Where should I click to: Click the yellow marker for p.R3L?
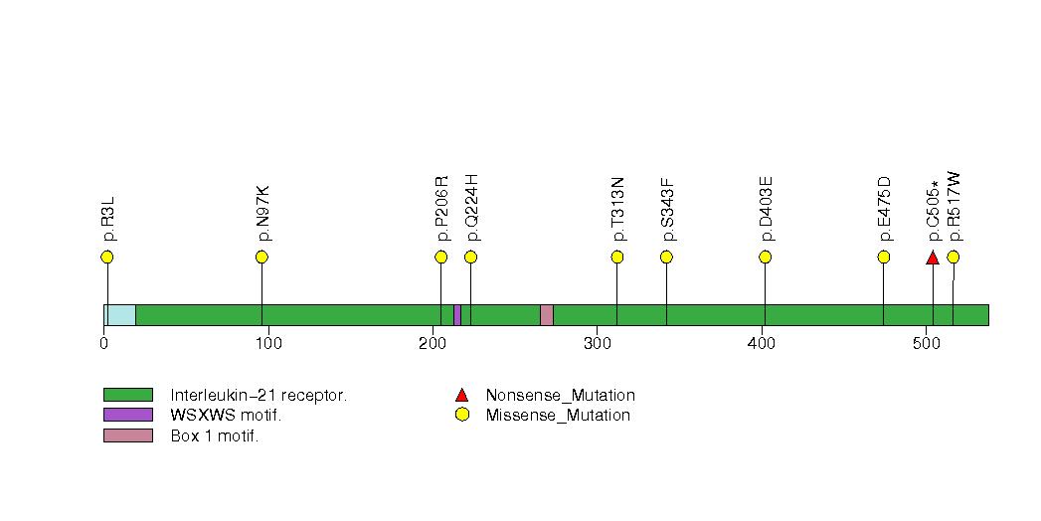(x=107, y=257)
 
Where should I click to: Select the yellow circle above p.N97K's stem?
(x=261, y=257)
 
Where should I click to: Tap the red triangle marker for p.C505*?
(x=933, y=258)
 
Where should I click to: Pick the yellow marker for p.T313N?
(x=616, y=257)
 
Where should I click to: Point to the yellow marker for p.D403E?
(x=765, y=257)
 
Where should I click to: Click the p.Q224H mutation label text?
(x=471, y=208)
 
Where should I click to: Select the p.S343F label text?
(x=667, y=210)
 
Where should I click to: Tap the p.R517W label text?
(x=954, y=207)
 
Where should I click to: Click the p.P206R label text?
(x=442, y=209)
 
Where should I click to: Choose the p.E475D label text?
(x=884, y=209)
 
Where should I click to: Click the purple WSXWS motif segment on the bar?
(x=457, y=315)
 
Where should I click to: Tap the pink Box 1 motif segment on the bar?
(x=547, y=315)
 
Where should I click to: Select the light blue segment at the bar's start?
(x=120, y=315)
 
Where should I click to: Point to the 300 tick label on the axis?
(x=598, y=344)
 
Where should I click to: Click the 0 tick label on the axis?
(x=104, y=344)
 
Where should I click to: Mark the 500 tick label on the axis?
(x=926, y=344)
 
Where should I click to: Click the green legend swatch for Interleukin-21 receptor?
(x=128, y=395)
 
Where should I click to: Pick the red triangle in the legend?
(x=462, y=396)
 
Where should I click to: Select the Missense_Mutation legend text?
(x=558, y=416)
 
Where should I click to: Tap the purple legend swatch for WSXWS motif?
(x=128, y=415)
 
